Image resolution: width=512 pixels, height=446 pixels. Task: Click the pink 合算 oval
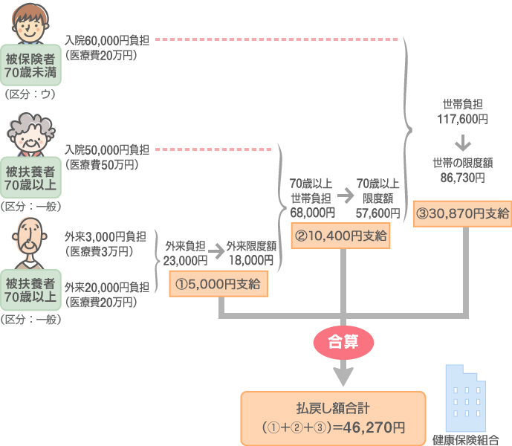343,343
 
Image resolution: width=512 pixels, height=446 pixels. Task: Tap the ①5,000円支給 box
218,284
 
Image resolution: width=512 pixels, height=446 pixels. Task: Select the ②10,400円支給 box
340,236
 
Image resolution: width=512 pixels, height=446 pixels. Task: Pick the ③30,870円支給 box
462,213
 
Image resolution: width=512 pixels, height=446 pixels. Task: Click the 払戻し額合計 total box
333,418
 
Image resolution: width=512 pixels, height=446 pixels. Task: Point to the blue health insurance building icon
466,398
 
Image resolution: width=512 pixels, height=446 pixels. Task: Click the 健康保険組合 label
466,440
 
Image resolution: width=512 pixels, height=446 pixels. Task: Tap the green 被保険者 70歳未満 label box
30,65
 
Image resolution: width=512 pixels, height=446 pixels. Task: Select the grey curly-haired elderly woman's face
30,135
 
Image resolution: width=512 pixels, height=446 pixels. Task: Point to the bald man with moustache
30,243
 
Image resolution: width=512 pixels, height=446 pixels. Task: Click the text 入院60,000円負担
107,41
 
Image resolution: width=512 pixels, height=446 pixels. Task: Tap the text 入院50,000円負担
107,150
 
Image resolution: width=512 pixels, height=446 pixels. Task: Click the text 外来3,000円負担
105,236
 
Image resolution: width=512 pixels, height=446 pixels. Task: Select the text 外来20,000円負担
107,287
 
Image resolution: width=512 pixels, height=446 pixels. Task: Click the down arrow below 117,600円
463,143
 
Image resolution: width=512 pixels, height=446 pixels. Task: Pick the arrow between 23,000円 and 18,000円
216,251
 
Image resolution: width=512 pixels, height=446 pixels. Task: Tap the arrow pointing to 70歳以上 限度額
346,195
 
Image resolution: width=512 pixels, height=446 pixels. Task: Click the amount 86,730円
462,178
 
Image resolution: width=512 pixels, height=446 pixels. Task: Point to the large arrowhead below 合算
343,376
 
